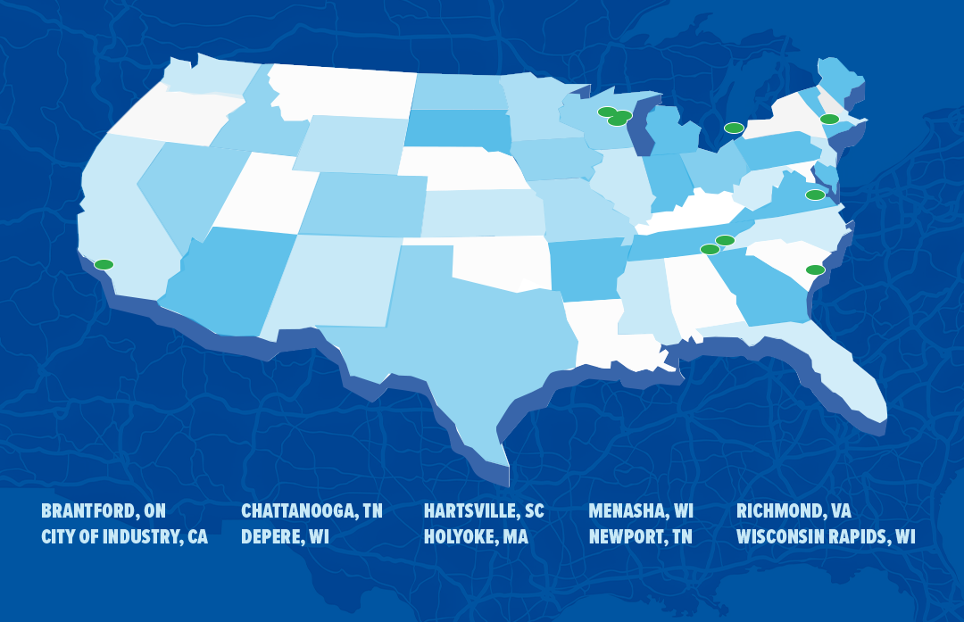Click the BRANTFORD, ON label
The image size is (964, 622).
click(x=104, y=511)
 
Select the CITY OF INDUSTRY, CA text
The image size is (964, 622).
click(x=124, y=537)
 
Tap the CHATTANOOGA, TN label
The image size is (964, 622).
click(x=312, y=511)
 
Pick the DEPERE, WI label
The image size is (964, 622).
click(x=285, y=537)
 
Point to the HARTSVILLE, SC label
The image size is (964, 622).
click(x=484, y=511)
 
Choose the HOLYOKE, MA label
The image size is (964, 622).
click(x=476, y=537)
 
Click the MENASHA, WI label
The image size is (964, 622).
click(x=641, y=511)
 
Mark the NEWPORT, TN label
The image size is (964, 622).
click(x=640, y=537)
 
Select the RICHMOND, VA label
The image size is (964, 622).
click(x=794, y=511)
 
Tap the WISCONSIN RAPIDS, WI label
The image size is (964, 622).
click(x=826, y=537)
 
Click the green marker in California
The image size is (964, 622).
click(x=104, y=264)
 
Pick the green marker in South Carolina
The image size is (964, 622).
click(x=815, y=270)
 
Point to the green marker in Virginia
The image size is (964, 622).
click(x=815, y=195)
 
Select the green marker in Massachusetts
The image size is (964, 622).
click(x=829, y=119)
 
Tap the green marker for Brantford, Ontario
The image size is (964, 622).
click(x=734, y=128)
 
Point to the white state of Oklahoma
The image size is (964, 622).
click(x=500, y=261)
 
